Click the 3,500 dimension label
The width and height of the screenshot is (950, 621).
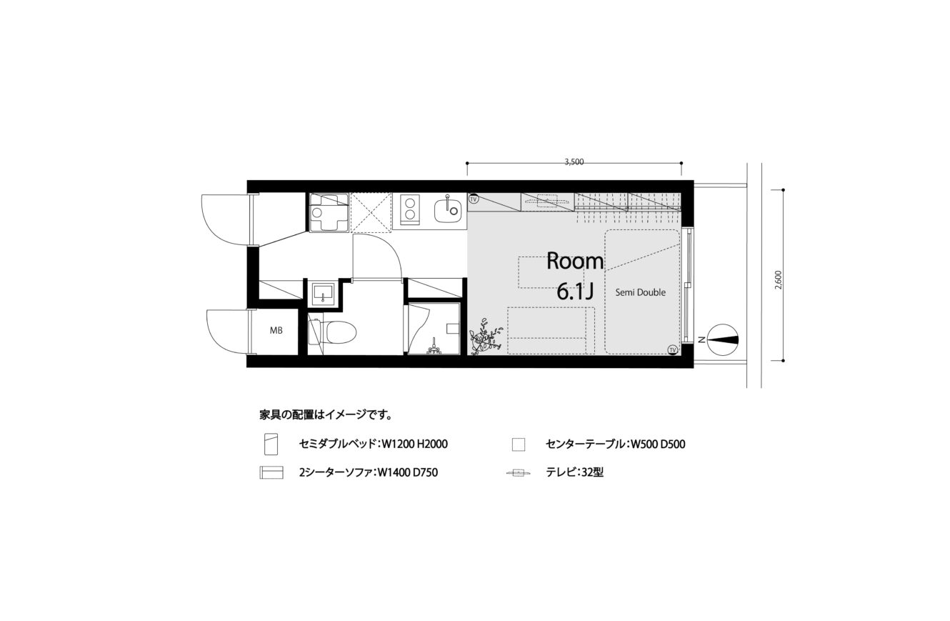pos(574,162)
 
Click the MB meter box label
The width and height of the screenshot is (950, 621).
pos(276,330)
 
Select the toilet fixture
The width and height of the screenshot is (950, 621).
pos(333,332)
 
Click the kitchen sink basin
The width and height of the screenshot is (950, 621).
pos(448,211)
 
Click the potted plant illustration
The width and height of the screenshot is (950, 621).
pos(486,336)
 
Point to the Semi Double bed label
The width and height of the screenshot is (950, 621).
pos(641,292)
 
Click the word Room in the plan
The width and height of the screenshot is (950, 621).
pos(575,261)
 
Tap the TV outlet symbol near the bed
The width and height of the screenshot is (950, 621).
pos(672,349)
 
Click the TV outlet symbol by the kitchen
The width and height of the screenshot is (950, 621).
pos(474,198)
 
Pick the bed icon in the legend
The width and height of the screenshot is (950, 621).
pos(271,444)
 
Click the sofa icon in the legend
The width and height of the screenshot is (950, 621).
pos(271,472)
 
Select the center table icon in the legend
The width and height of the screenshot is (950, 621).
pos(519,444)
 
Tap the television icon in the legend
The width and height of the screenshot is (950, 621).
pos(519,472)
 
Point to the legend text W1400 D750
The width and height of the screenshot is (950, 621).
pos(408,472)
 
